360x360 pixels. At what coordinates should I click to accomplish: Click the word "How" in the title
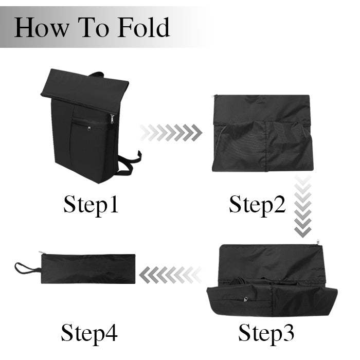click(41, 28)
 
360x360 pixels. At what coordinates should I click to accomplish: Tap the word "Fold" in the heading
click(143, 27)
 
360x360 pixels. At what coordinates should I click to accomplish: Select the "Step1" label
click(91, 205)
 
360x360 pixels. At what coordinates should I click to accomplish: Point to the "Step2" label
click(257, 205)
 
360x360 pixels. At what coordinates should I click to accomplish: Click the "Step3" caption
click(266, 333)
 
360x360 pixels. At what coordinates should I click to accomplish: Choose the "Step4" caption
click(89, 333)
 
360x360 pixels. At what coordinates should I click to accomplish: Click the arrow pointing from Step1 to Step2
click(171, 133)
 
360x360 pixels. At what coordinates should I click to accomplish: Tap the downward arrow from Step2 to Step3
click(303, 206)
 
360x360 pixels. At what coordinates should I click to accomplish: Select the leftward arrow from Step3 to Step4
click(170, 275)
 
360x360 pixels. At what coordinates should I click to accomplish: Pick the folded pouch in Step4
click(88, 268)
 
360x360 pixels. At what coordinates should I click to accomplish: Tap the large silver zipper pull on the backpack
click(112, 119)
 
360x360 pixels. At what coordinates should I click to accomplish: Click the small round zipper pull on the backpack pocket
click(89, 129)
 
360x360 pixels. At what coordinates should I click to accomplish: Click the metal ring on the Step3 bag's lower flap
click(246, 299)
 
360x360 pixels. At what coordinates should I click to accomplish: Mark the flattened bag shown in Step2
click(263, 133)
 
